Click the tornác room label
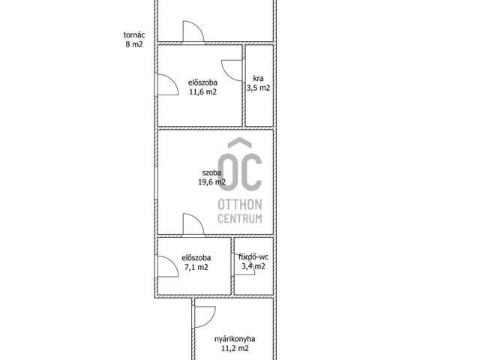pyautogui.click(x=134, y=35)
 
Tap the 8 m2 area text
pyautogui.click(x=134, y=44)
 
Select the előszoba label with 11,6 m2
pyautogui.click(x=202, y=82)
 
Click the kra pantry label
pyautogui.click(x=258, y=78)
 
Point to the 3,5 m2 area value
pyautogui.click(x=258, y=88)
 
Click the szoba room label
pyautogui.click(x=211, y=172)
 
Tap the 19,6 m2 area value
pyautogui.click(x=211, y=182)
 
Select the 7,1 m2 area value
pyautogui.click(x=196, y=267)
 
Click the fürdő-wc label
pyautogui.click(x=253, y=256)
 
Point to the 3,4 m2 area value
pyautogui.click(x=253, y=266)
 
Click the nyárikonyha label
pyautogui.click(x=235, y=339)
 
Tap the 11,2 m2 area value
pyautogui.click(x=235, y=348)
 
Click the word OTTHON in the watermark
pyautogui.click(x=240, y=205)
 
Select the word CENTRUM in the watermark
pyautogui.click(x=240, y=218)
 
